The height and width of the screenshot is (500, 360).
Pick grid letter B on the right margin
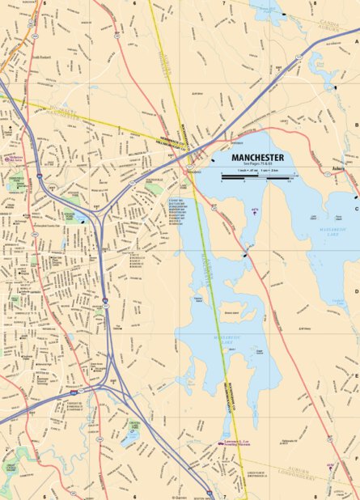tap(356, 125)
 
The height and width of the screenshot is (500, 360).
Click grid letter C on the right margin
tap(356, 209)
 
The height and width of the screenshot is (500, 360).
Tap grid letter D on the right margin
tap(356, 292)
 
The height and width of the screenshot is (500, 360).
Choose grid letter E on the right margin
tap(356, 375)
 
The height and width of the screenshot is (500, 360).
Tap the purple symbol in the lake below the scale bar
tap(255, 211)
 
